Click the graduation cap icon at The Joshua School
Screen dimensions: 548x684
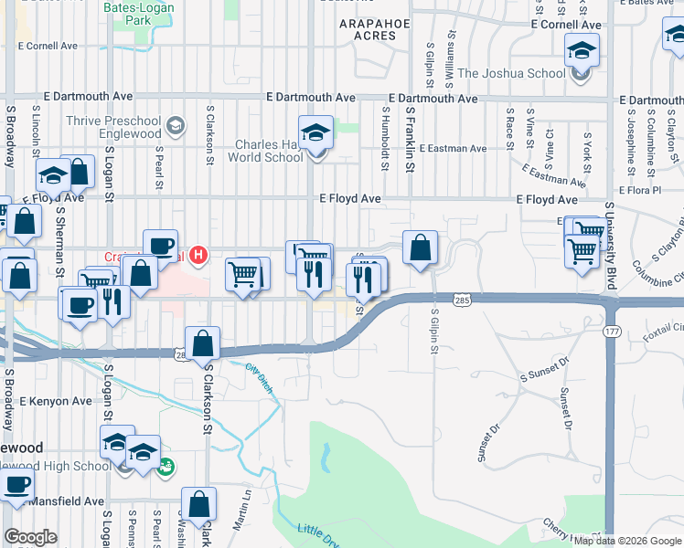coord(581,51)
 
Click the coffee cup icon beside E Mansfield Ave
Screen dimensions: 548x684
coord(17,483)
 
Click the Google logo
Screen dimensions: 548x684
coord(30,537)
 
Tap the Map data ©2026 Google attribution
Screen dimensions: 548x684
coord(627,541)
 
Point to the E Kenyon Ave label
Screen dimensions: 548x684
coord(55,400)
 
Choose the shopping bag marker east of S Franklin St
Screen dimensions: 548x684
coord(420,247)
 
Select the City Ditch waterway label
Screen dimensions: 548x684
coord(260,374)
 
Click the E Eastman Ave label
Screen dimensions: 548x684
coord(462,148)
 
